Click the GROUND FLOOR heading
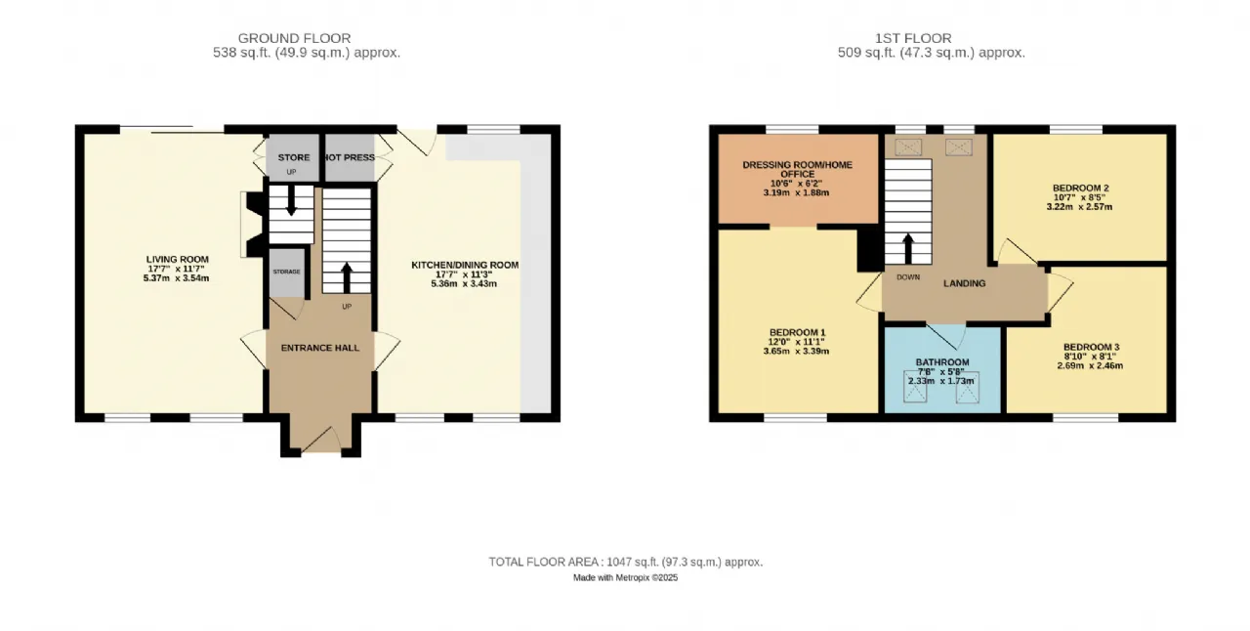click(x=294, y=38)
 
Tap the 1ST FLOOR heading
click(x=913, y=38)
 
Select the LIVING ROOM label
click(x=178, y=259)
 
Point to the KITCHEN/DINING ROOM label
click(x=465, y=265)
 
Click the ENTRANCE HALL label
click(x=320, y=348)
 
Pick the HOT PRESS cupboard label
click(x=350, y=157)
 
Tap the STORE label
click(x=294, y=157)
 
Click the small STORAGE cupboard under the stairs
click(x=287, y=272)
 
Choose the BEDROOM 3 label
click(x=1091, y=347)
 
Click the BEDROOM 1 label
click(x=797, y=332)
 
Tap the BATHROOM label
click(x=942, y=362)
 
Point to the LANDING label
click(x=964, y=283)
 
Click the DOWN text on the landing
click(x=908, y=277)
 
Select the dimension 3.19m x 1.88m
click(x=796, y=192)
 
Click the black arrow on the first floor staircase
click(x=908, y=248)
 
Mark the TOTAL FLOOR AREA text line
click(x=626, y=562)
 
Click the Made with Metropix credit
click(x=626, y=578)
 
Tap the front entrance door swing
click(x=322, y=439)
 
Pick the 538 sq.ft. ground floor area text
click(x=307, y=53)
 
